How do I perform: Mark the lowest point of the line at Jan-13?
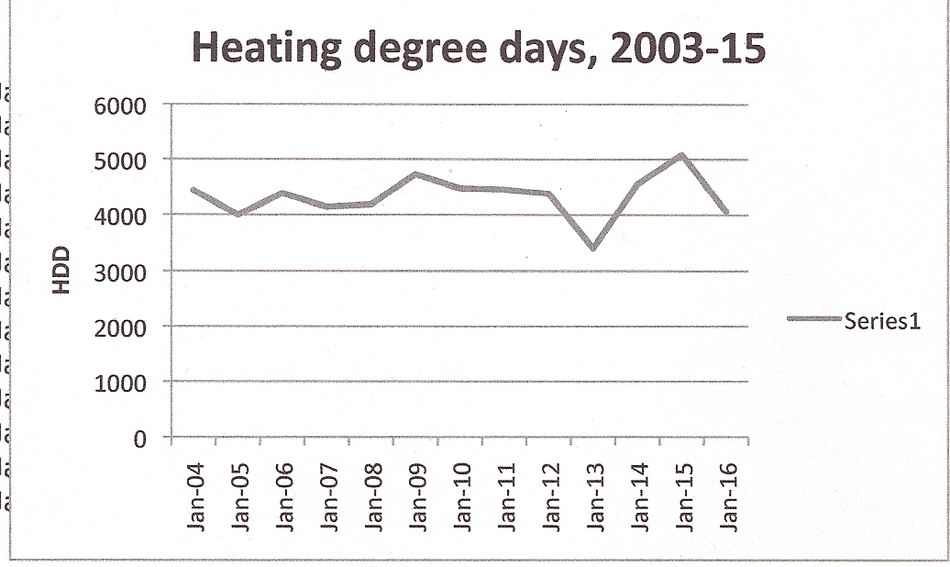(594, 248)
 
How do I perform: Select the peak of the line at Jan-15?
(682, 155)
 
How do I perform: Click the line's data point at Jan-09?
(416, 173)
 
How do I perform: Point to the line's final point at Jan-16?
(727, 214)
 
